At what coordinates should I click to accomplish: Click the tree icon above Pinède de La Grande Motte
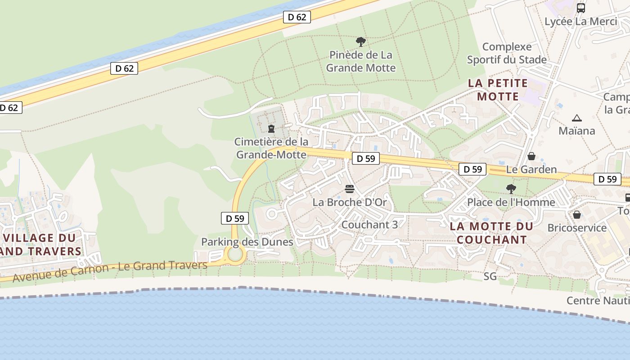(x=360, y=42)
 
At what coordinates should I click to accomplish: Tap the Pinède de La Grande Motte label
(x=361, y=62)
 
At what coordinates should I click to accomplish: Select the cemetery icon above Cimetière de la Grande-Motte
(x=271, y=129)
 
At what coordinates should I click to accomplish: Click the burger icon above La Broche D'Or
(x=350, y=189)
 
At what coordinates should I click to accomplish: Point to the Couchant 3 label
(x=369, y=225)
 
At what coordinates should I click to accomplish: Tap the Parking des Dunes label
(x=247, y=242)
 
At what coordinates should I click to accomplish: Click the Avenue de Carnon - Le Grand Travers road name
(x=110, y=271)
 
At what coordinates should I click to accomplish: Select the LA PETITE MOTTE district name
(x=498, y=90)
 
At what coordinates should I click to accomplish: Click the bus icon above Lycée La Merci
(x=581, y=8)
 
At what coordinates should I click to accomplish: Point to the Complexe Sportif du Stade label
(x=507, y=53)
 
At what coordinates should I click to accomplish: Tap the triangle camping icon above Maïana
(x=577, y=118)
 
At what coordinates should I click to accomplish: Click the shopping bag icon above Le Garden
(x=531, y=156)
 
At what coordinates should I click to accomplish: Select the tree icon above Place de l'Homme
(x=511, y=189)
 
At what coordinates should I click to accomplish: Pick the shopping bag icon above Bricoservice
(x=577, y=214)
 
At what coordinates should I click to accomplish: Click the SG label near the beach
(x=490, y=276)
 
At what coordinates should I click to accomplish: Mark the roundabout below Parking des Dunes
(x=235, y=255)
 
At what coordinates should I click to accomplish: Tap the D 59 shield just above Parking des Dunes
(x=235, y=219)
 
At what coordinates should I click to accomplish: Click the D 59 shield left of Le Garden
(x=472, y=169)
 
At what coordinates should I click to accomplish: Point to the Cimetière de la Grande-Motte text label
(x=271, y=148)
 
